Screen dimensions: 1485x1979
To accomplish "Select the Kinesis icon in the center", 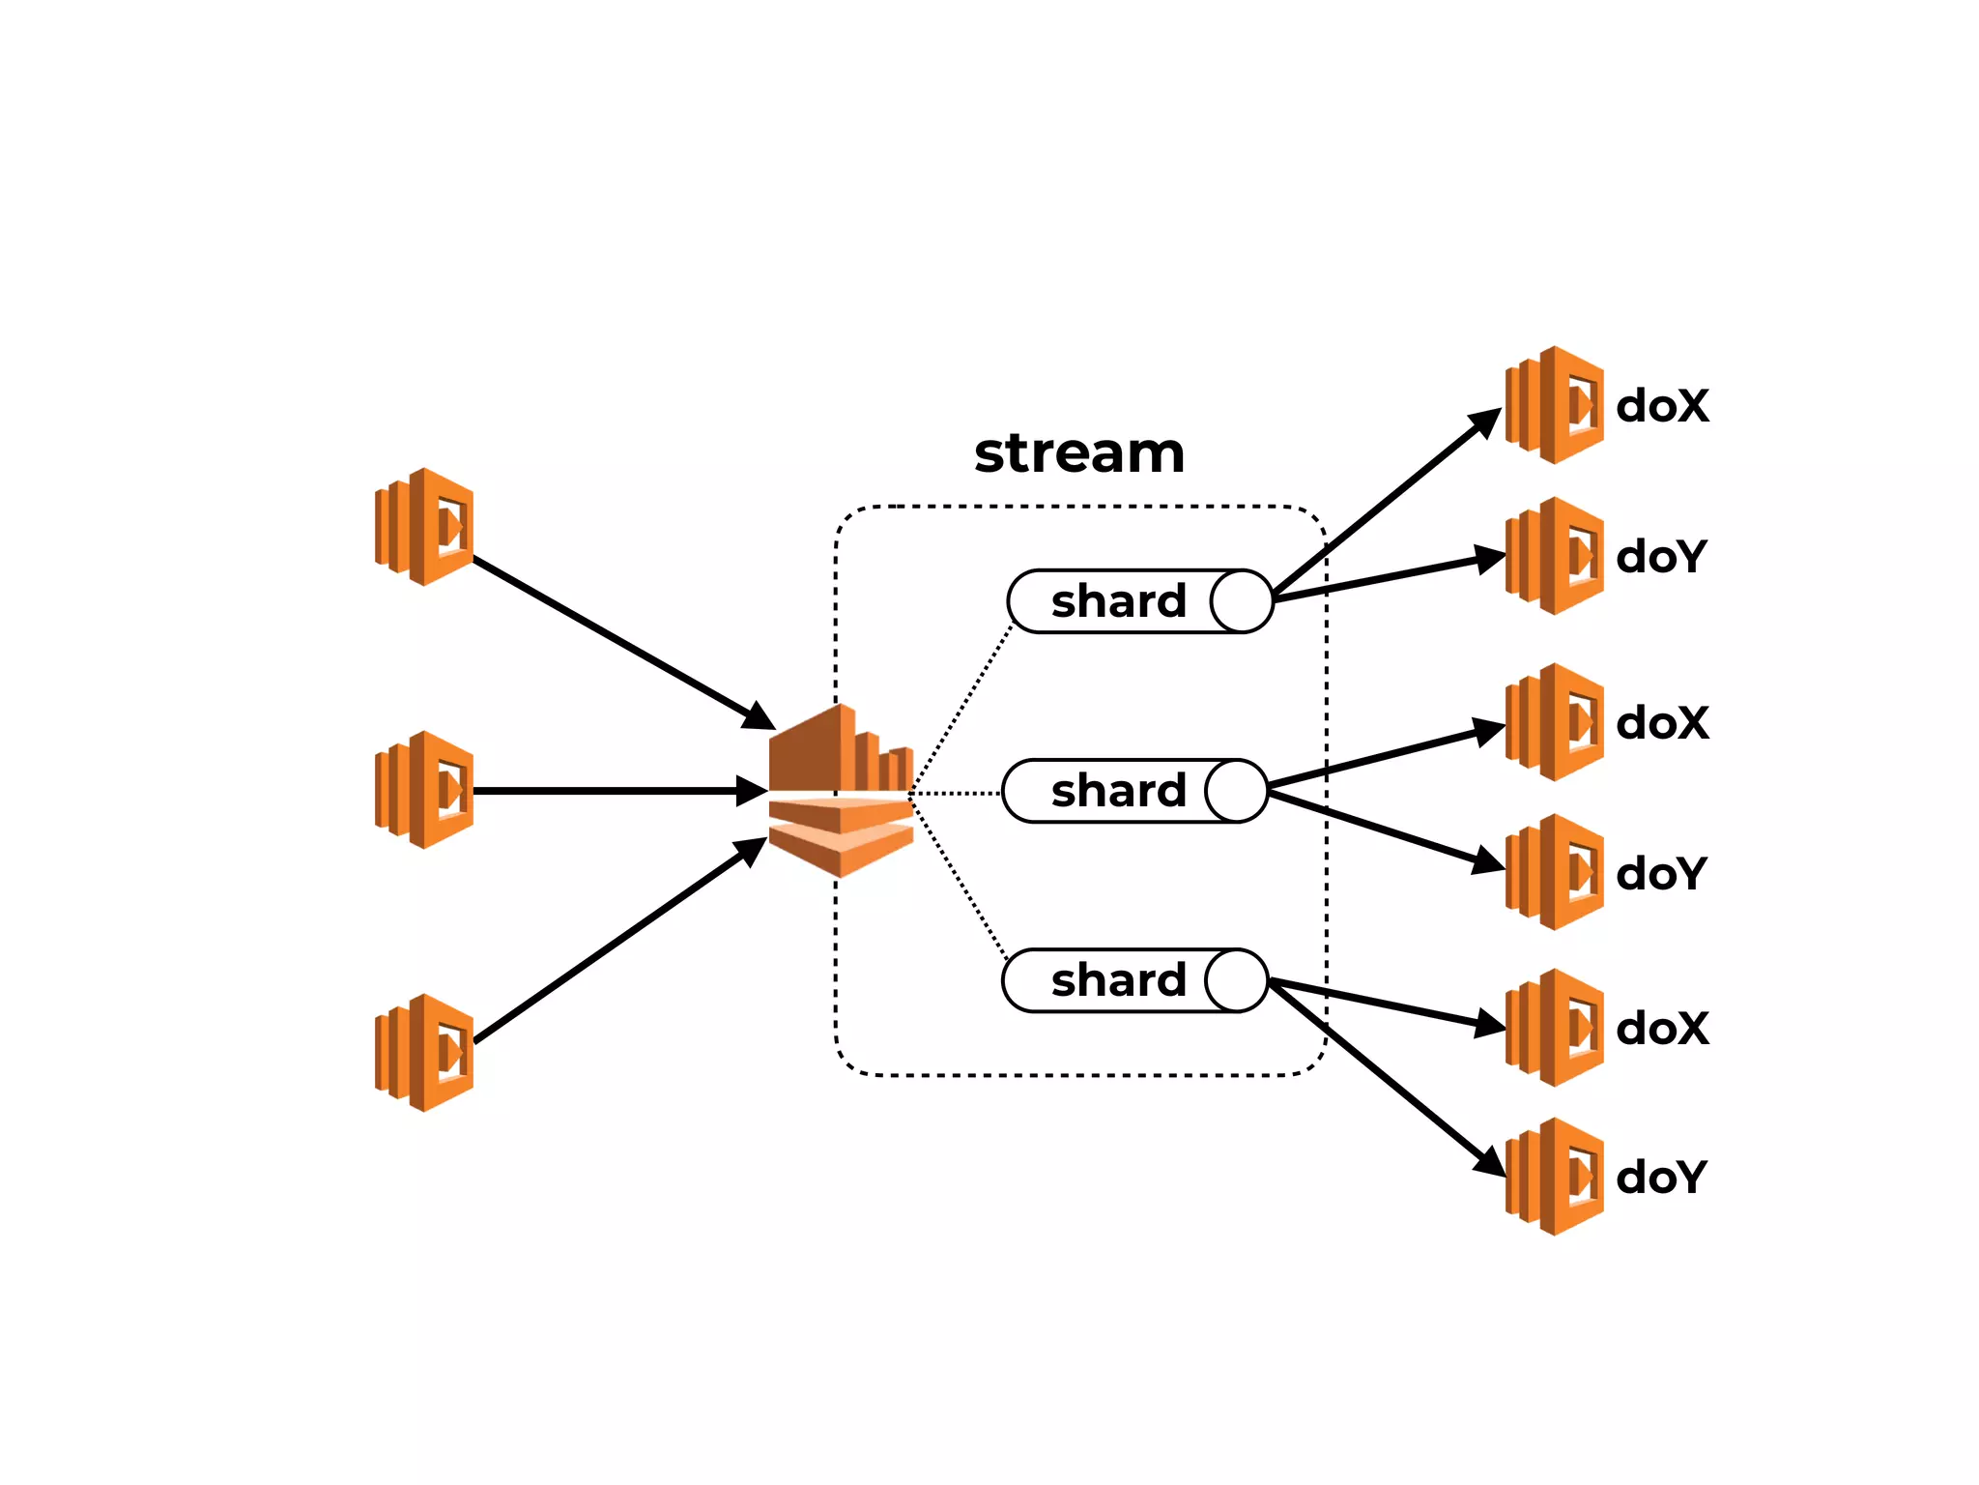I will click(841, 791).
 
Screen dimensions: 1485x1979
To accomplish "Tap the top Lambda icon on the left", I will click(425, 527).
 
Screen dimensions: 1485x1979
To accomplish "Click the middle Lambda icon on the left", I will click(425, 790).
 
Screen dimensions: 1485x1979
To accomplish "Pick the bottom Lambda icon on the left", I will click(425, 1053).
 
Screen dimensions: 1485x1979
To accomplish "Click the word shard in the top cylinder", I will click(1118, 601).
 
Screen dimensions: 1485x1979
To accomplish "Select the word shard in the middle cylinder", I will click(1118, 791).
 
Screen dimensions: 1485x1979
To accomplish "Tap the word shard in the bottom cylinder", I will click(1118, 980).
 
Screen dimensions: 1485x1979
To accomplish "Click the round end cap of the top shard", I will click(1242, 601).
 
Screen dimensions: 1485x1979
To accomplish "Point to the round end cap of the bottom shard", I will click(1237, 980).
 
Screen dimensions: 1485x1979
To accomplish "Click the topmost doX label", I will click(1662, 405).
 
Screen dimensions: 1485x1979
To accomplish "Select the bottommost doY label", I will click(1661, 1177).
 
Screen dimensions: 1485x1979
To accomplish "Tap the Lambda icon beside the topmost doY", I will click(1555, 556).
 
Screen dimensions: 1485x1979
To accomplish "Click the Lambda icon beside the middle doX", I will click(1555, 722).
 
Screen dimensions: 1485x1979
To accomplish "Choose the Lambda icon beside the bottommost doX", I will click(1555, 1028).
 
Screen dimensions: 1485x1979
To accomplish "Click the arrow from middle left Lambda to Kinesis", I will click(618, 791).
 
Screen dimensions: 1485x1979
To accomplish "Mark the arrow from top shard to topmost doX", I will click(1382, 504).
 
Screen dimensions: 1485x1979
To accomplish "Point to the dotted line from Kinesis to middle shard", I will click(957, 793).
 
